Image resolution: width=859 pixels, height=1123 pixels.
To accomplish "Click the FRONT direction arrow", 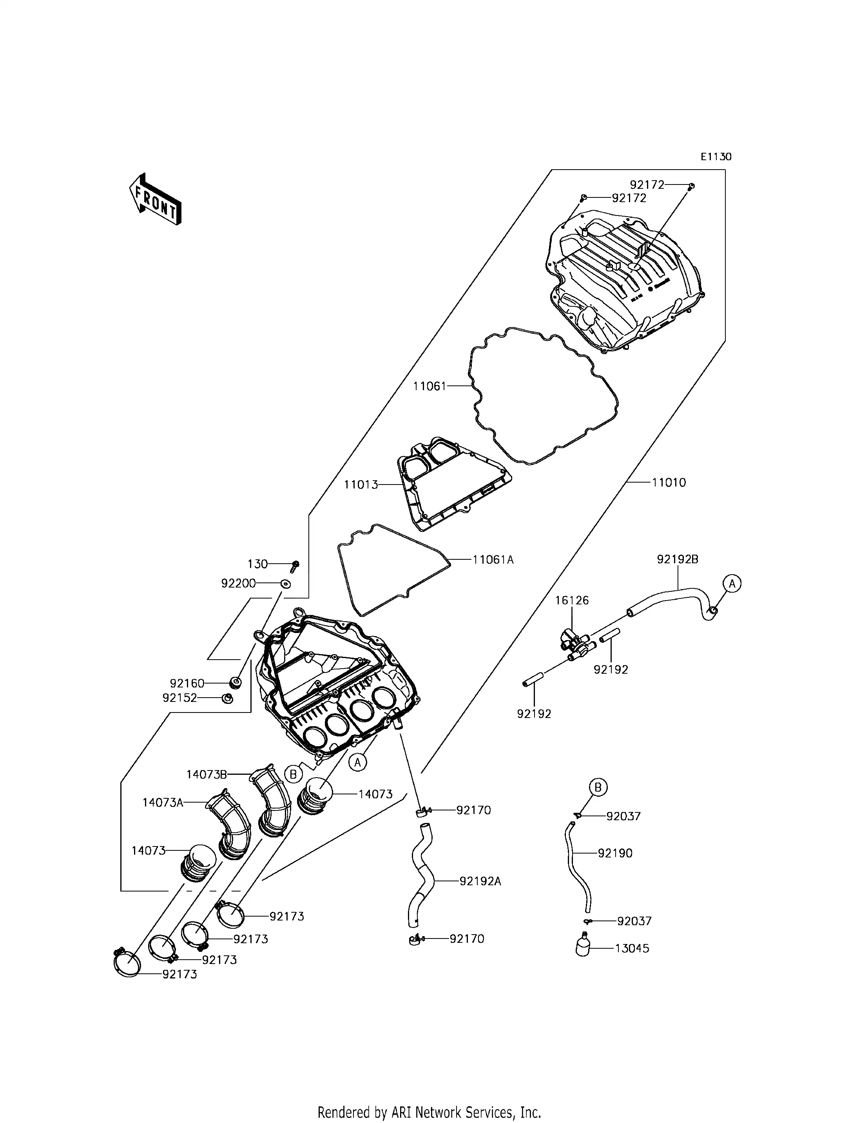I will (155, 200).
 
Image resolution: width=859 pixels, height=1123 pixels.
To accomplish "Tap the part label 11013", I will (361, 484).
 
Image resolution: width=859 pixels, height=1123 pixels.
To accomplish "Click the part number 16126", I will (572, 600).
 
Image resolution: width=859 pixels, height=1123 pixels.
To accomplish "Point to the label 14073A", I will (163, 803).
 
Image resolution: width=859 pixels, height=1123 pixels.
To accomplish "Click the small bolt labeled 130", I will (295, 565).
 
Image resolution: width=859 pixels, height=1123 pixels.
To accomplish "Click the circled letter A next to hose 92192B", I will (732, 583).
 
